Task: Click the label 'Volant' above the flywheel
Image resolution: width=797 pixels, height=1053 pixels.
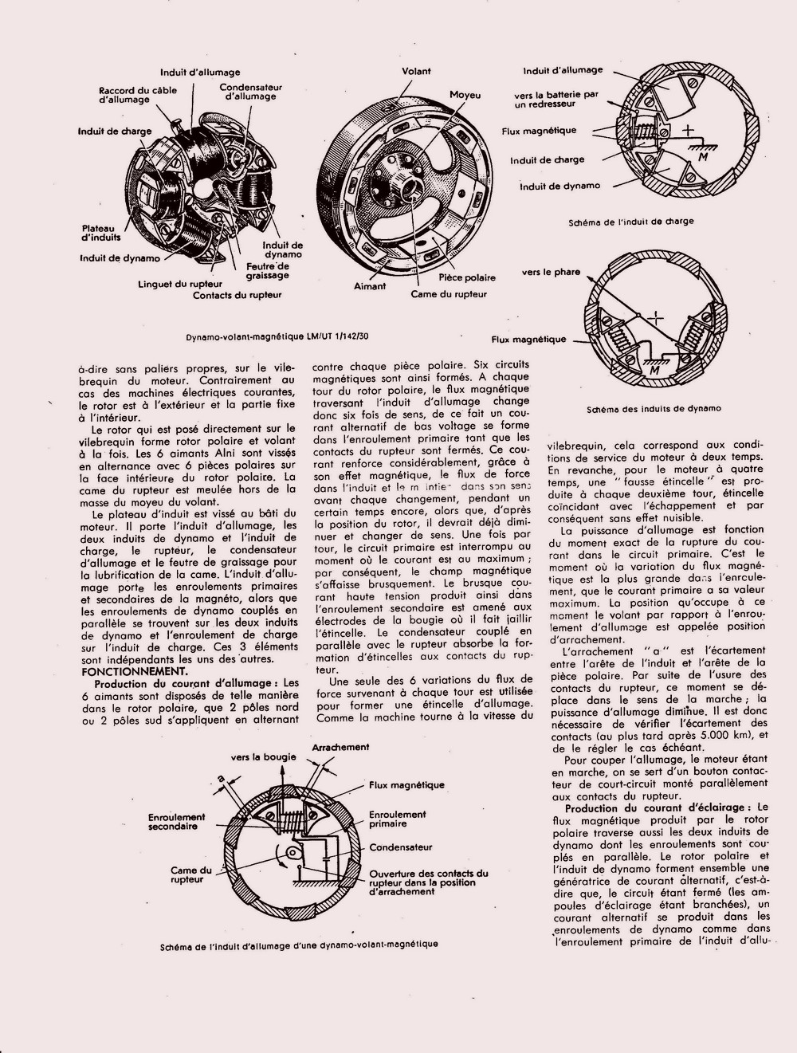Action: pyautogui.click(x=416, y=71)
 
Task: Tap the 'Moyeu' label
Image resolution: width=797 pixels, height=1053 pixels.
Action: pyautogui.click(x=465, y=95)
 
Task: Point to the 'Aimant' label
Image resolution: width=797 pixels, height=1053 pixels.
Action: pyautogui.click(x=370, y=286)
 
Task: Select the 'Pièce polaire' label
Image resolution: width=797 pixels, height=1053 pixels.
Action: pyautogui.click(x=467, y=277)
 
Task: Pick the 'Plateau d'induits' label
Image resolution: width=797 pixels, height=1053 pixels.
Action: pyautogui.click(x=100, y=232)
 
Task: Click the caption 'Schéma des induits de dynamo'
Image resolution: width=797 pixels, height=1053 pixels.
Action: pyautogui.click(x=654, y=409)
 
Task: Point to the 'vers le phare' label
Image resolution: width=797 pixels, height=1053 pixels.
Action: pyautogui.click(x=552, y=272)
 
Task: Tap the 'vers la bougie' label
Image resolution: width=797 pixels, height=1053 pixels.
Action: pyautogui.click(x=264, y=756)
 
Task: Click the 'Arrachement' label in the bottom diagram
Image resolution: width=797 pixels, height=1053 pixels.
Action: pyautogui.click(x=340, y=747)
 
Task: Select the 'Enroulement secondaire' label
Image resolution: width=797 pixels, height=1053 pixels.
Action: pyautogui.click(x=176, y=822)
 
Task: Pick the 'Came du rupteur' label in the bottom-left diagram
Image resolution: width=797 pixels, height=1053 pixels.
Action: pyautogui.click(x=191, y=875)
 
